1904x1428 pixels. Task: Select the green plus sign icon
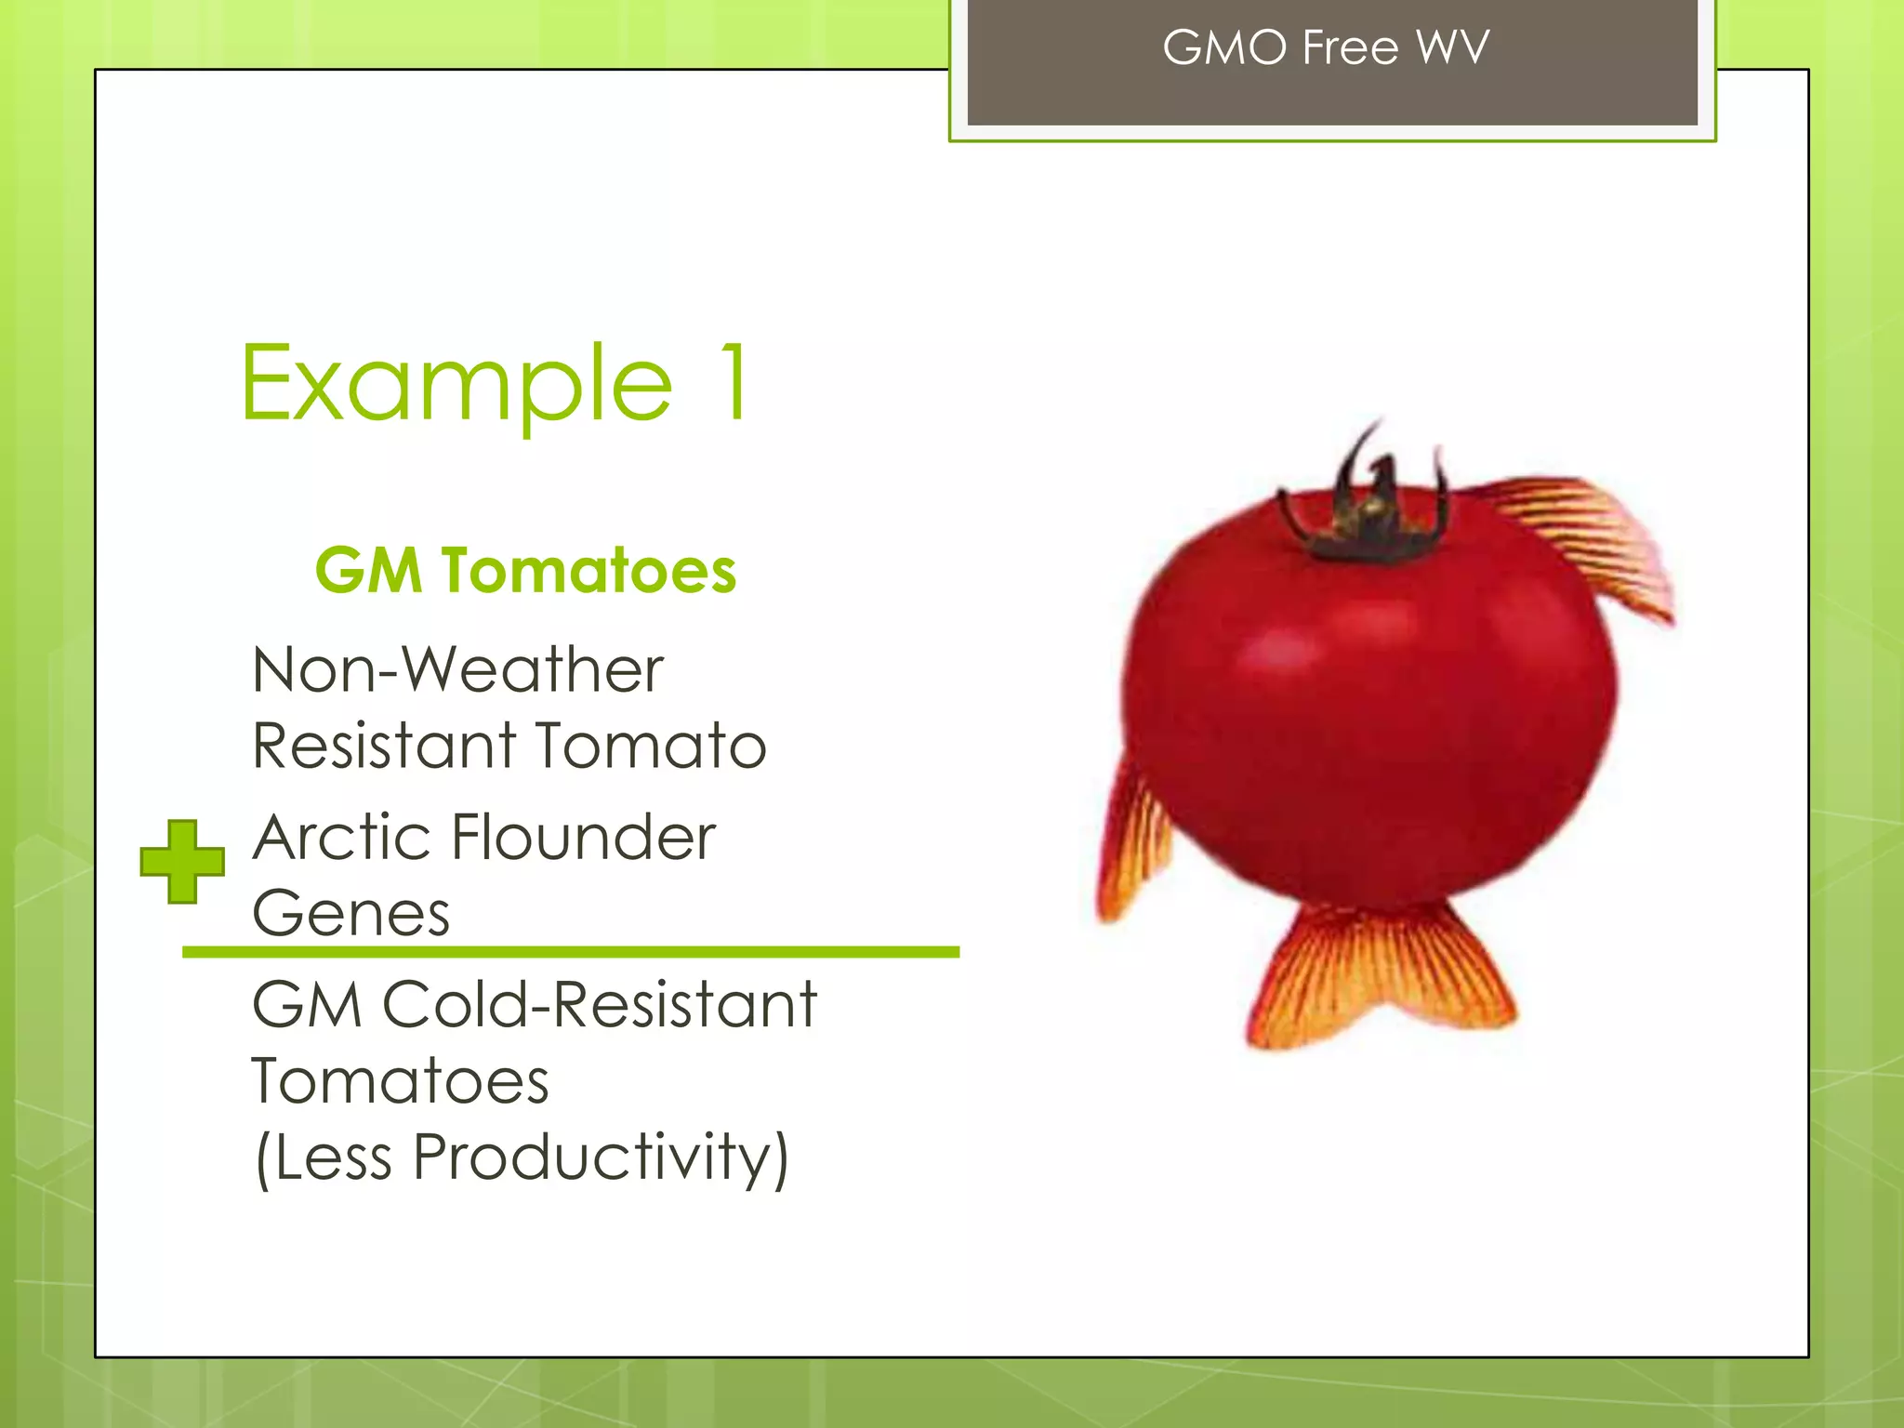tap(182, 861)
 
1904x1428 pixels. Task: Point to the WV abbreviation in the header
tap(1452, 47)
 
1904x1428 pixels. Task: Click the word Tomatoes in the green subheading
tap(589, 570)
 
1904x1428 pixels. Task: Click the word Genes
tap(350, 913)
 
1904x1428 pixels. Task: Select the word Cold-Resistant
tap(600, 1005)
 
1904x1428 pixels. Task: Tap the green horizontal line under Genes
tap(570, 952)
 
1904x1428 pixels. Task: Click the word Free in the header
tap(1350, 47)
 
